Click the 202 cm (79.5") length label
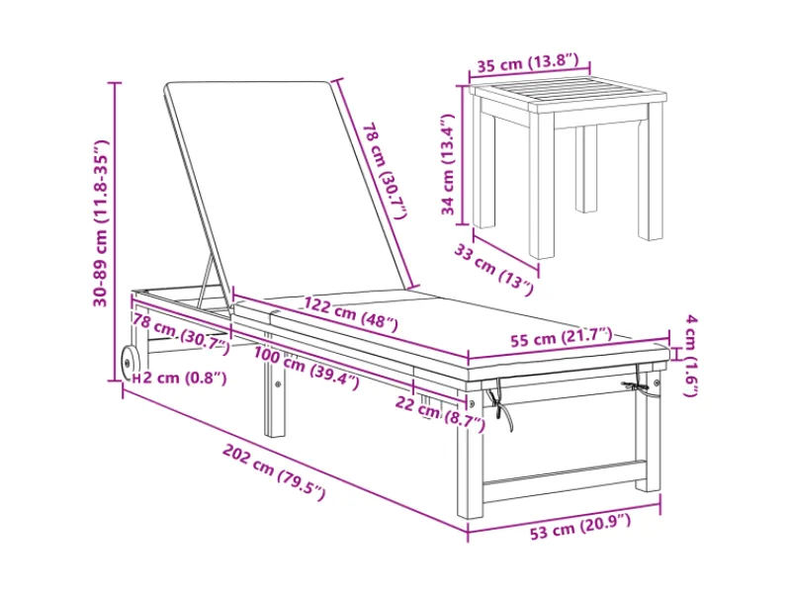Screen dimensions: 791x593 275,472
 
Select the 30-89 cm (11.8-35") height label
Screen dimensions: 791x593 101,223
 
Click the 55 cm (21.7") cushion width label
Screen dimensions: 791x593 561,337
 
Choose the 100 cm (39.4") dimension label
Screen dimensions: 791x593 307,368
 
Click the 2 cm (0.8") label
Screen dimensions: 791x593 185,378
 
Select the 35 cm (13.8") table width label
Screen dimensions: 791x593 528,63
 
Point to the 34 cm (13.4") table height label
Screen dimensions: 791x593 448,164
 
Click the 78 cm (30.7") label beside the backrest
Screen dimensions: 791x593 385,170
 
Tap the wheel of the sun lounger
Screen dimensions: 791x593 131,363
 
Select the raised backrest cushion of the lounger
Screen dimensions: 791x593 288,187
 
